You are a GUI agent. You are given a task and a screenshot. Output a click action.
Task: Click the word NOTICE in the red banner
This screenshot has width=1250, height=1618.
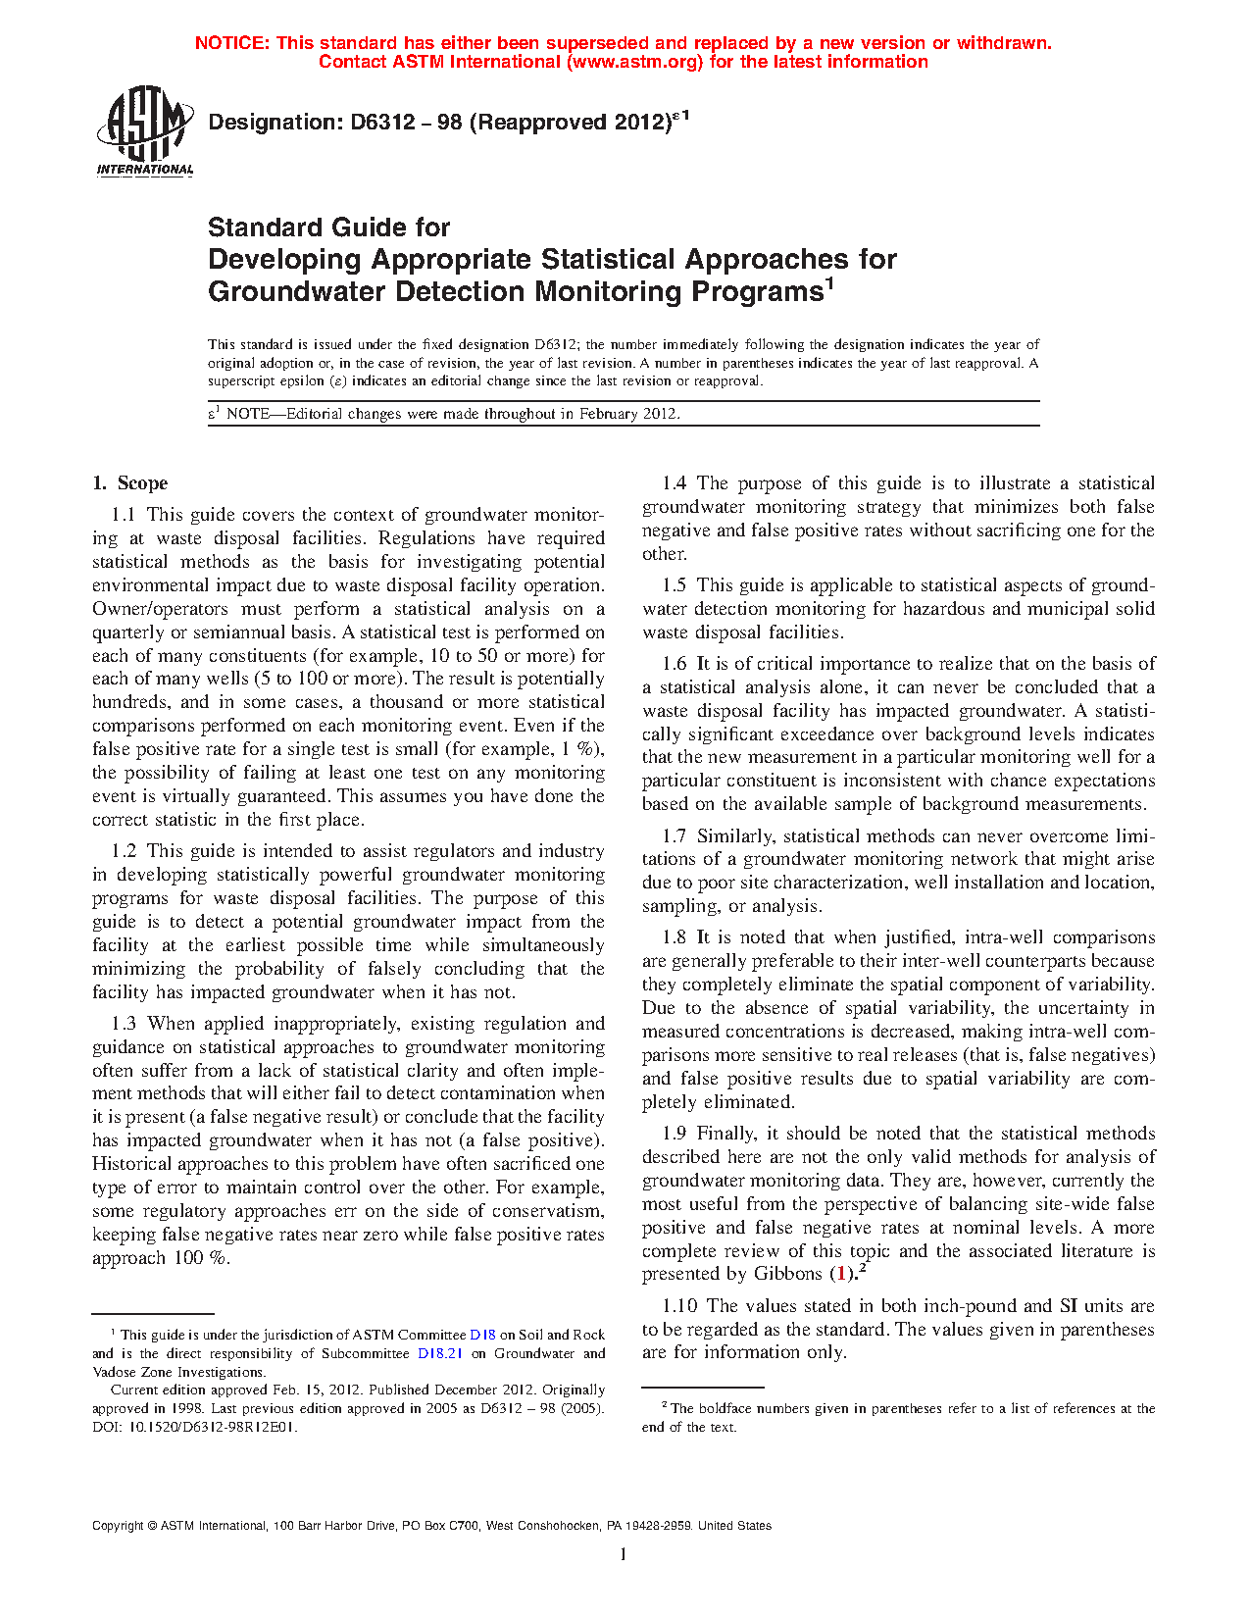point(232,43)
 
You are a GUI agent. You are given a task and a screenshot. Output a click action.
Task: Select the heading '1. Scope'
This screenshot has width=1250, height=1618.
point(130,483)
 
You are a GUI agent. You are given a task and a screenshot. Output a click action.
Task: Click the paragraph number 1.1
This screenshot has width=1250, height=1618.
point(124,515)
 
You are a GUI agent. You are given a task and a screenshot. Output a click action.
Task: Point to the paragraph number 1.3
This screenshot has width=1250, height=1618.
point(124,1024)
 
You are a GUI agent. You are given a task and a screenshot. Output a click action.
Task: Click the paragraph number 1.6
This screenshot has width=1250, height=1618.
point(675,664)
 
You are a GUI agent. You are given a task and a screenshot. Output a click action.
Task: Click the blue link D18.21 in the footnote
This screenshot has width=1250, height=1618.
point(440,1353)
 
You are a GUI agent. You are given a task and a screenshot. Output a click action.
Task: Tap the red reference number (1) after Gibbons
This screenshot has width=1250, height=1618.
point(840,1275)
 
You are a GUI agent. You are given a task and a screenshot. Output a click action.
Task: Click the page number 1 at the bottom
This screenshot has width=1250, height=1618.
point(624,1554)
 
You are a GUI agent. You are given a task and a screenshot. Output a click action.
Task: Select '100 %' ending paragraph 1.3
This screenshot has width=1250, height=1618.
point(201,1259)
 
